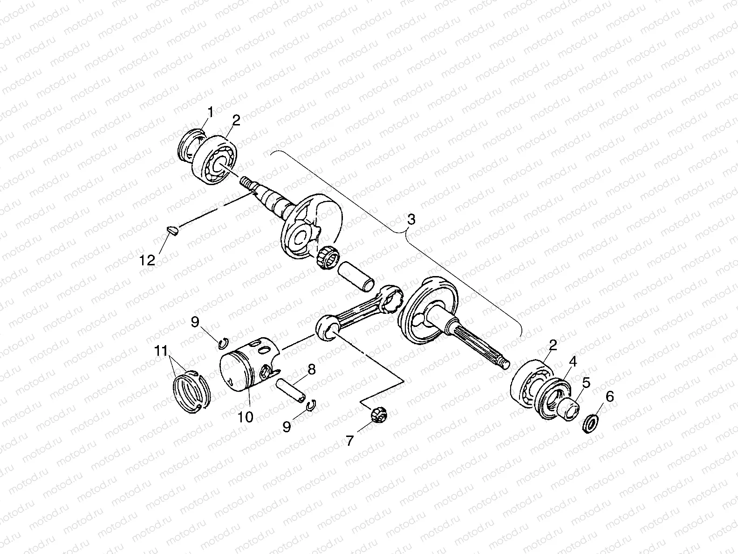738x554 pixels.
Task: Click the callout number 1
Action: pyautogui.click(x=211, y=112)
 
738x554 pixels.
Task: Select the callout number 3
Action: pyautogui.click(x=410, y=219)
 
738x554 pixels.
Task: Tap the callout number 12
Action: pyautogui.click(x=147, y=260)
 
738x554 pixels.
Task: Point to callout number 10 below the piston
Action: pyautogui.click(x=246, y=416)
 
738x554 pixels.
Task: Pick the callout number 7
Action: pyautogui.click(x=350, y=440)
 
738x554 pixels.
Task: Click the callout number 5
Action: pyautogui.click(x=585, y=383)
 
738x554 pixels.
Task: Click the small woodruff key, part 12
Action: pyautogui.click(x=172, y=229)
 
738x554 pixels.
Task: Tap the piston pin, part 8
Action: pyautogui.click(x=291, y=391)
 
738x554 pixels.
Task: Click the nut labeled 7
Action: pyautogui.click(x=376, y=414)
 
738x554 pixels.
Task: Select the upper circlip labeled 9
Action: pyautogui.click(x=223, y=344)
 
